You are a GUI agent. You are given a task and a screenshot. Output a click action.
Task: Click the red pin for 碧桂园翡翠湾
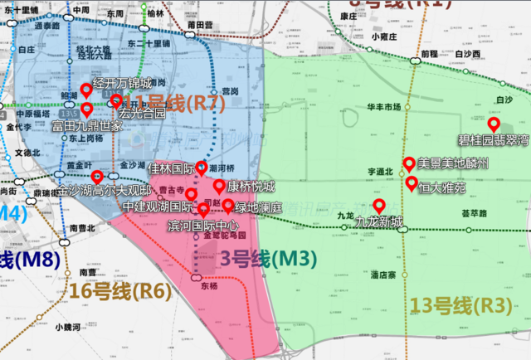pyautogui.click(x=493, y=125)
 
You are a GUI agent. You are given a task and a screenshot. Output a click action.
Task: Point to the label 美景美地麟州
pyautogui.click(x=453, y=163)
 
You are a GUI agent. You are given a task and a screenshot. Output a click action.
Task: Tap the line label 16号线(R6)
pyautogui.click(x=121, y=290)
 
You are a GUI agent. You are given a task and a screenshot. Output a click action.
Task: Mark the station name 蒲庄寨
pyautogui.click(x=387, y=273)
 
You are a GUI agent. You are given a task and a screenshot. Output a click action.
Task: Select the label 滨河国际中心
pyautogui.click(x=203, y=226)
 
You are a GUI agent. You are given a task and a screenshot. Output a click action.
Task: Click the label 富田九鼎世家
pyautogui.click(x=87, y=126)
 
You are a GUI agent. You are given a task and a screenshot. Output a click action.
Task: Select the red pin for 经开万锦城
pyautogui.click(x=85, y=91)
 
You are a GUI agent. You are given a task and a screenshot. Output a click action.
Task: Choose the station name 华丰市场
pyautogui.click(x=383, y=107)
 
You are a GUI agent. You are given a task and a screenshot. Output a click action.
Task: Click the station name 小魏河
pyautogui.click(x=69, y=327)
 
